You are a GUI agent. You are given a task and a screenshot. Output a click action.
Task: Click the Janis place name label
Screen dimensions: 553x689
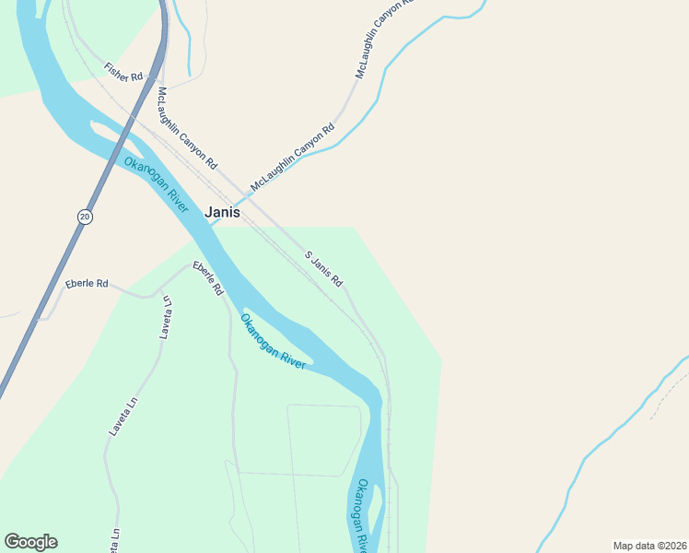222,212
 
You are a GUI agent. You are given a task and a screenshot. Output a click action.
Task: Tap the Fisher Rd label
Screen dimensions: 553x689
123,71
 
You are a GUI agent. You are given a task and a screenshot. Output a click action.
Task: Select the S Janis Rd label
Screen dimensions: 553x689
324,268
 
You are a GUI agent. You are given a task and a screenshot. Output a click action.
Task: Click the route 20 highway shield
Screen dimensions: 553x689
85,216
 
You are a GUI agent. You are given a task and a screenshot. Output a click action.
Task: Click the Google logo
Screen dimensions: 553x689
30,542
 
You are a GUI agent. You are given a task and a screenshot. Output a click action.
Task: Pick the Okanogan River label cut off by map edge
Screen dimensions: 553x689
362,516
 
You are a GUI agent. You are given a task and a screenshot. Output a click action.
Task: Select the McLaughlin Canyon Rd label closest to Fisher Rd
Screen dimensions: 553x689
187,128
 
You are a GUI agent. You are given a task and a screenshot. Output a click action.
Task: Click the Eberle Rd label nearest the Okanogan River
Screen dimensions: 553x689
207,278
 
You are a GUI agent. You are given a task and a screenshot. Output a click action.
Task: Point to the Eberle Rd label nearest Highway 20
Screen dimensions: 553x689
87,284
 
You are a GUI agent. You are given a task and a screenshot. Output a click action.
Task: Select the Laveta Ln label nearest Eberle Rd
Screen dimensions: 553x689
167,318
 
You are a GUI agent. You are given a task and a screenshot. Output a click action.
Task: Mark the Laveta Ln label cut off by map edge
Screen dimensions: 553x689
115,540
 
